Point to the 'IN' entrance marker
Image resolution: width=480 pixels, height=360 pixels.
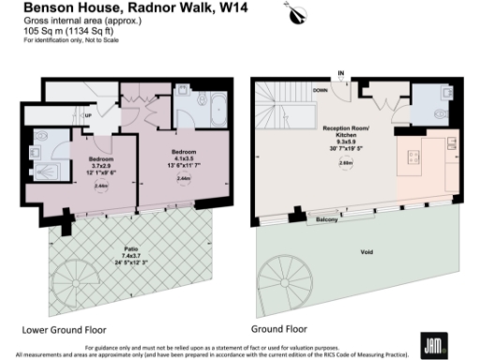tap(341, 73)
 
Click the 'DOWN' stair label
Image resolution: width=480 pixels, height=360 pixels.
tap(321, 91)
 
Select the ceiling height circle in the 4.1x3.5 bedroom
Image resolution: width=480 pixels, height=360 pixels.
tap(184, 179)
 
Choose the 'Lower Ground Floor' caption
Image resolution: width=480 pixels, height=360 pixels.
tap(63, 330)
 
